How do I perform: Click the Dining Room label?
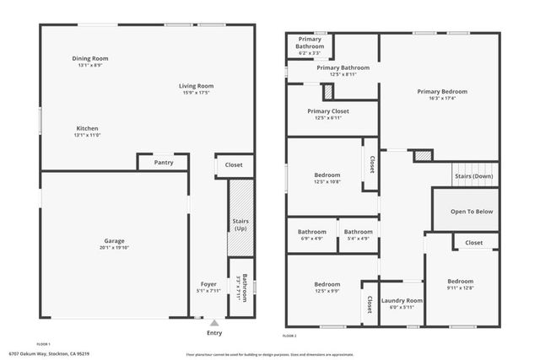click(x=89, y=58)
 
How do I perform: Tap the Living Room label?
click(x=196, y=85)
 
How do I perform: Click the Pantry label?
click(x=164, y=162)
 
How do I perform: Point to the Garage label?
click(x=115, y=240)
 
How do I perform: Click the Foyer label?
click(x=208, y=283)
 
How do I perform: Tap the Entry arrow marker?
click(x=214, y=321)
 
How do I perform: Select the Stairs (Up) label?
click(x=240, y=224)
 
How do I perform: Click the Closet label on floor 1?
click(x=234, y=165)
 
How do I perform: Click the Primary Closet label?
click(x=328, y=110)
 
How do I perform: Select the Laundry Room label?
click(x=402, y=300)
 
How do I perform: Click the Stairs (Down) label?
click(x=474, y=176)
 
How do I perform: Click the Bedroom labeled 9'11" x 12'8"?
click(x=460, y=282)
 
